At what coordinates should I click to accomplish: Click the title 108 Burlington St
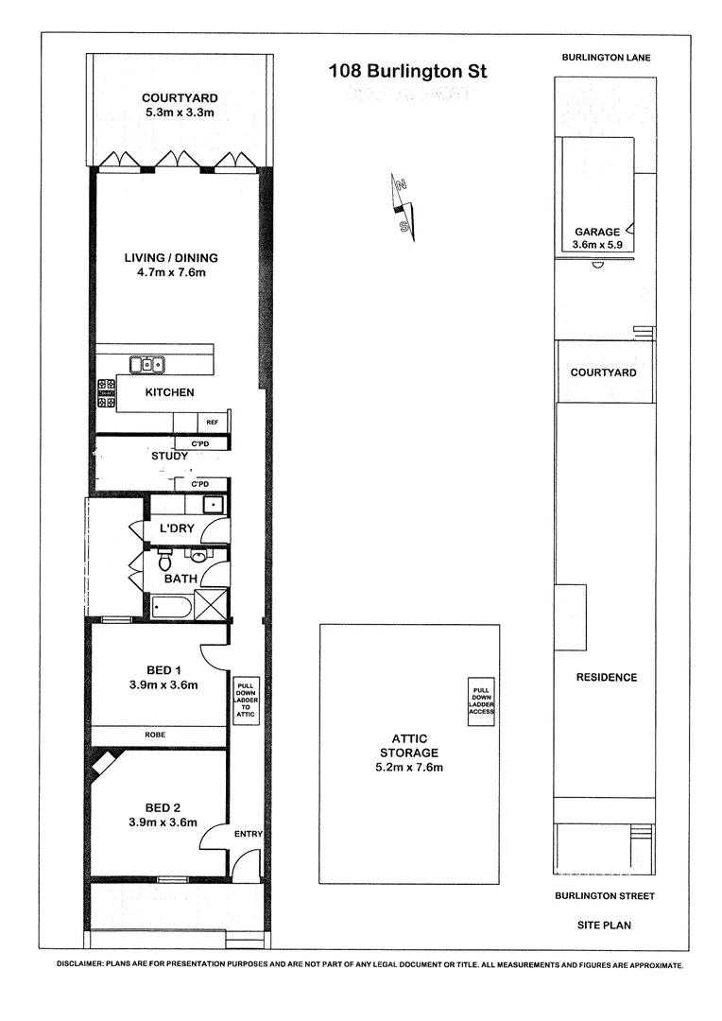407,70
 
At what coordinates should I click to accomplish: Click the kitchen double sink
146,364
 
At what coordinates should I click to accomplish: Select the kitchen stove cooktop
106,392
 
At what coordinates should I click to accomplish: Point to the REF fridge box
212,422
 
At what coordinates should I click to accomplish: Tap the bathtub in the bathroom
172,605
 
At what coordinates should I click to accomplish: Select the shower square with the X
211,604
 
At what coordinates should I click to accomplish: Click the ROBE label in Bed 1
158,735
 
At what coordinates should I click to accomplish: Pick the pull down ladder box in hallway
245,699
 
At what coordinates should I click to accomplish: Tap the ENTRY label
248,834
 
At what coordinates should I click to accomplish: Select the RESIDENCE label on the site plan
606,677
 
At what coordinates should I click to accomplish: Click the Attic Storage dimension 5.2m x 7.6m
409,768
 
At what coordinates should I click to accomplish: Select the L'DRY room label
178,528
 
